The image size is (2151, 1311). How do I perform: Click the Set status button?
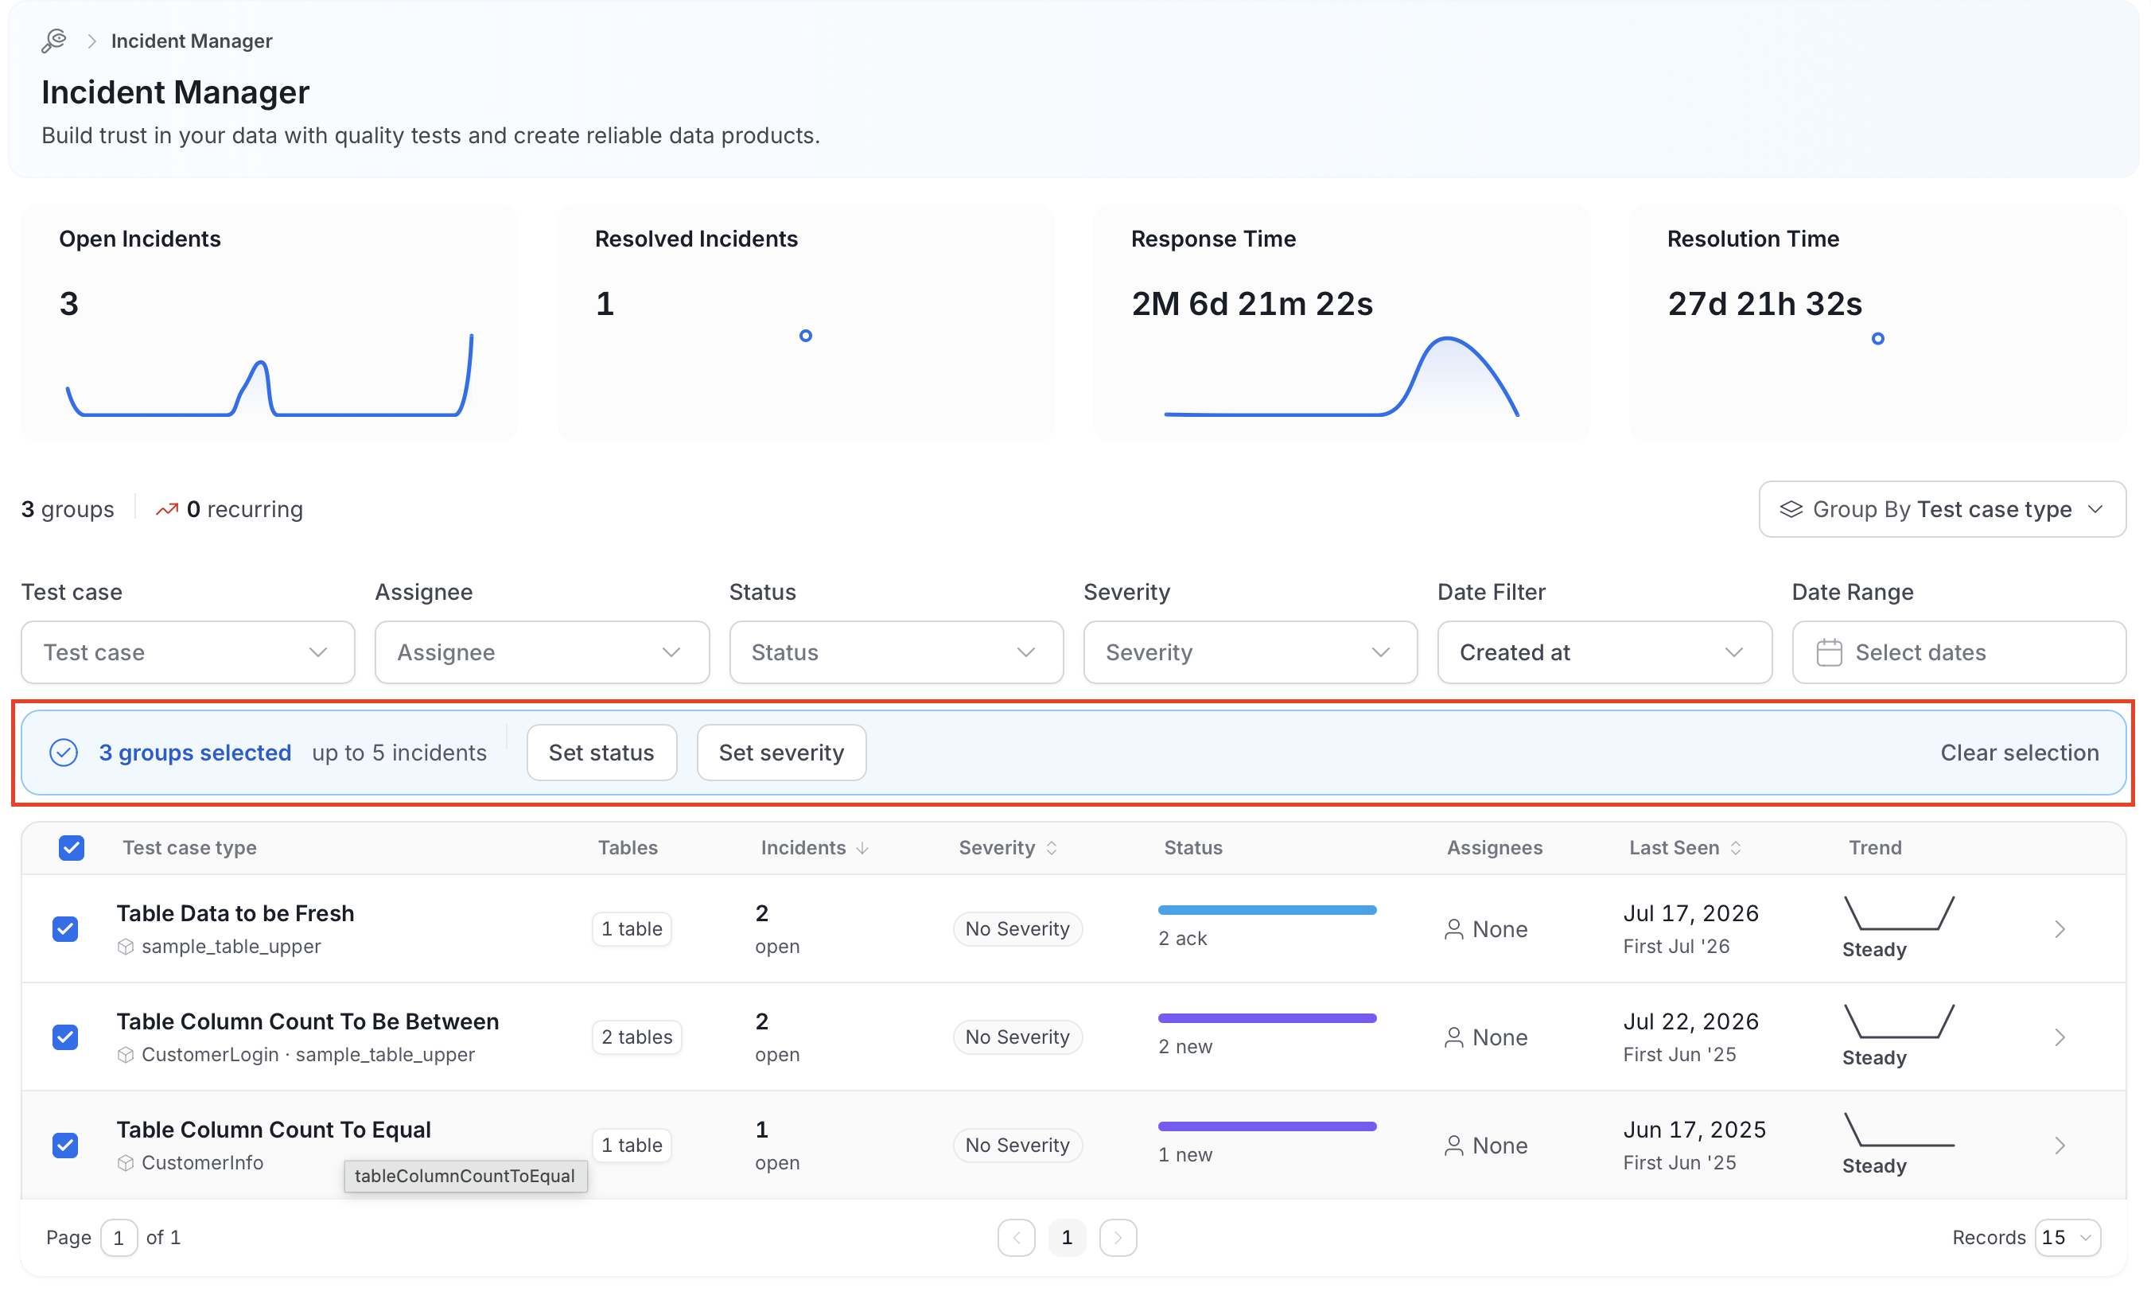click(601, 753)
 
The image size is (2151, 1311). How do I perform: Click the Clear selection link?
click(2019, 753)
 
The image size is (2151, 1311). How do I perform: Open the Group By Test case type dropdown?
click(1942, 509)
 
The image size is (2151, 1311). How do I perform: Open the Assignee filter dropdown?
click(541, 652)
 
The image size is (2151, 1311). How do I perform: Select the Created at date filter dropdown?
click(1604, 652)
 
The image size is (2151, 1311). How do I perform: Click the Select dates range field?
click(1958, 652)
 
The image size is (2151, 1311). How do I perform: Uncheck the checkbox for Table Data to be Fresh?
click(65, 928)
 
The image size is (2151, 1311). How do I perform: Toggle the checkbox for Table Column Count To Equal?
click(65, 1146)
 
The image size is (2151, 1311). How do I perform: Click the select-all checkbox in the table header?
click(72, 847)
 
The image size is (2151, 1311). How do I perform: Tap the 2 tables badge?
click(636, 1037)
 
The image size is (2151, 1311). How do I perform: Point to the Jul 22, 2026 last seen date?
click(1690, 1021)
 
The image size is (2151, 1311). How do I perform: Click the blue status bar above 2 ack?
click(1266, 910)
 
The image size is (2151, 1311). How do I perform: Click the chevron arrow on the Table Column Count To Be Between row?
click(2060, 1037)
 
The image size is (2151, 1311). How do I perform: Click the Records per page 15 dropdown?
click(2067, 1238)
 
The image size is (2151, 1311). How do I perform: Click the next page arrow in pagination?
click(1118, 1238)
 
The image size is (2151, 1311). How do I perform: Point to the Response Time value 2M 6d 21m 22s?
click(1252, 304)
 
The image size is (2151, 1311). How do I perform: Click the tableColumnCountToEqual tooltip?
click(465, 1176)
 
